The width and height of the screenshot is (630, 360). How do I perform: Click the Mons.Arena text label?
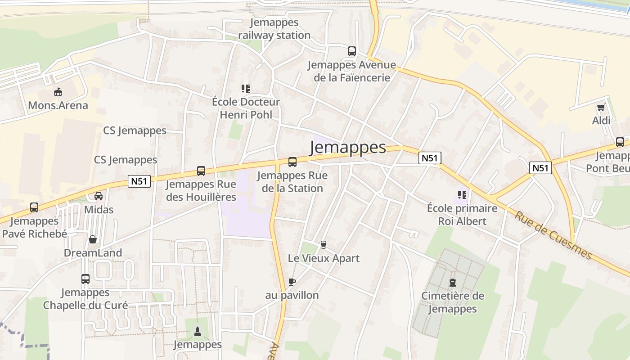[x=58, y=105]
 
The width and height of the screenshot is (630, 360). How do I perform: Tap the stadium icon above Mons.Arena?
[x=58, y=92]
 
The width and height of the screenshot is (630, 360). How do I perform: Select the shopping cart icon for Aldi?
[x=601, y=108]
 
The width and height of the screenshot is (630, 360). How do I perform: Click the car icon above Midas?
[x=99, y=196]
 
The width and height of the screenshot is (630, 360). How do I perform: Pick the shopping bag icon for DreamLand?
[x=93, y=239]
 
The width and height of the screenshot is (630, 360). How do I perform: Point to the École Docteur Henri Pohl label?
[x=246, y=108]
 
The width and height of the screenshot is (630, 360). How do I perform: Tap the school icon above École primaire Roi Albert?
[x=462, y=195]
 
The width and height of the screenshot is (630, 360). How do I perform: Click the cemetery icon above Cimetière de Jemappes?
[x=453, y=283]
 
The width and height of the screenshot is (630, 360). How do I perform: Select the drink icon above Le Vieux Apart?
[x=323, y=245]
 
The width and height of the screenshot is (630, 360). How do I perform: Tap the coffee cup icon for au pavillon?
[x=292, y=282]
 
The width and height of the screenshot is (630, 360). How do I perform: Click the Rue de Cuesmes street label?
[x=553, y=235]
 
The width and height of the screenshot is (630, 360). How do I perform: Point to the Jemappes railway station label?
[x=274, y=28]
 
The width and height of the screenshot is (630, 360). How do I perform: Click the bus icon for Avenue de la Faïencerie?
[x=352, y=51]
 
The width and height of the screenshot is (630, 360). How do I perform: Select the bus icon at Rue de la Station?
[x=292, y=162]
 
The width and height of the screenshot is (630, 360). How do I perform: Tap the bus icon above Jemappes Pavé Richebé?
[x=34, y=207]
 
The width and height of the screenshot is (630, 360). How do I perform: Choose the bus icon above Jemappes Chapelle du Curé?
[x=85, y=279]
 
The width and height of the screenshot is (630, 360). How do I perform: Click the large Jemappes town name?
[x=348, y=147]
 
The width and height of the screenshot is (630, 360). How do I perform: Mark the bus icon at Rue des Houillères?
[x=201, y=171]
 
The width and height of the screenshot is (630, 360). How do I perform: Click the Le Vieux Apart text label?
[x=324, y=258]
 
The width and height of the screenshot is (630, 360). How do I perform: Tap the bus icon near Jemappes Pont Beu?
[x=620, y=142]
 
